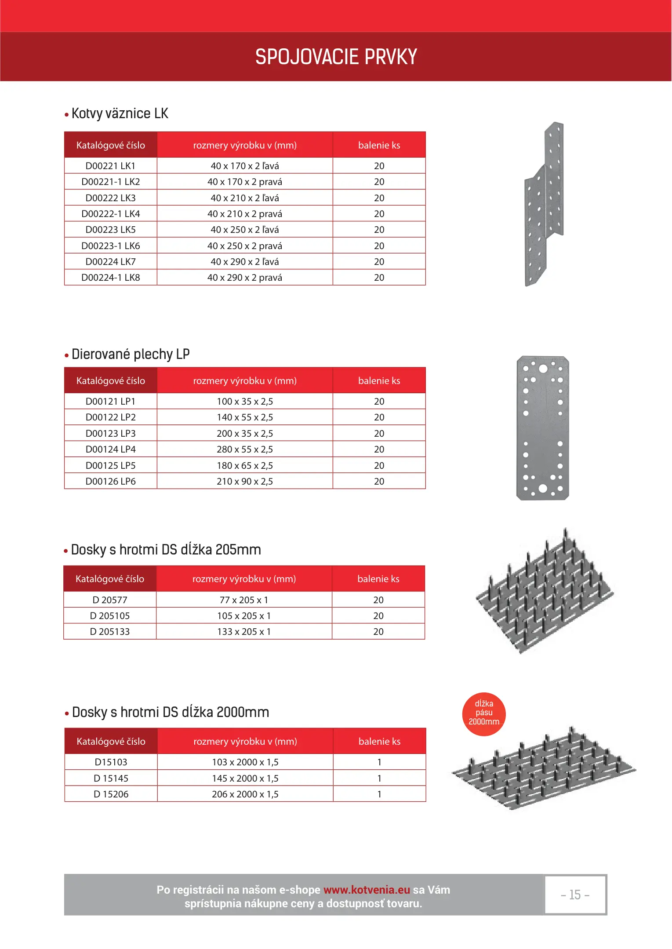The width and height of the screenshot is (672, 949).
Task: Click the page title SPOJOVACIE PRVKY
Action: pos(336,57)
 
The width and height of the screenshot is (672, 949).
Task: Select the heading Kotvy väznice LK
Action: pos(120,113)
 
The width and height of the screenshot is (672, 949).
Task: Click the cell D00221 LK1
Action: pos(110,166)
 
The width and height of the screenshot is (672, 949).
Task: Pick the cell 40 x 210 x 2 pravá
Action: pos(245,214)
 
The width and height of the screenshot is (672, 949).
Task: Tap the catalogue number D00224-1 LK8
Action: pos(110,277)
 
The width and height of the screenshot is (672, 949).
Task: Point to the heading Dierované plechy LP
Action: pos(130,354)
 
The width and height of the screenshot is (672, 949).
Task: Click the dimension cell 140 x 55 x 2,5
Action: pos(245,417)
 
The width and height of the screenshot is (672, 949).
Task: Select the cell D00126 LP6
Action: pos(110,481)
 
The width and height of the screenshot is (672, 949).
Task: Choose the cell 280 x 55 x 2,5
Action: pos(245,449)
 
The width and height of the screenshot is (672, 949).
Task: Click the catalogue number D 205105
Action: pos(110,616)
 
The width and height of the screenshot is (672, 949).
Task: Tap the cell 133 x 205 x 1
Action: pos(244,631)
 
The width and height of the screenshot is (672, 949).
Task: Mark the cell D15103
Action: pos(111,762)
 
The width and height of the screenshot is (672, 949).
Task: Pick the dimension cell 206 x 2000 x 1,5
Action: pos(245,794)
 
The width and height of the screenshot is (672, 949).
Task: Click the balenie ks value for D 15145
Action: pos(379,778)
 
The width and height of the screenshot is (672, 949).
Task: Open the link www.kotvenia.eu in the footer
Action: pos(367,890)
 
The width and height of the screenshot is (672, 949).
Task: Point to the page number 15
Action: pos(575,895)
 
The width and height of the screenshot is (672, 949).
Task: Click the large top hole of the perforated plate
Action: pos(543,368)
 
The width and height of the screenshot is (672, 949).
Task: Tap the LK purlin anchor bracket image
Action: pos(544,204)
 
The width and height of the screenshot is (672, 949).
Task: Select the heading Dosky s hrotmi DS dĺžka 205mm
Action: pos(166,550)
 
